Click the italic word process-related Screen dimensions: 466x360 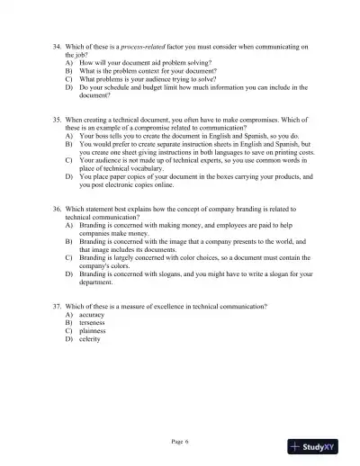[129, 46]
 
